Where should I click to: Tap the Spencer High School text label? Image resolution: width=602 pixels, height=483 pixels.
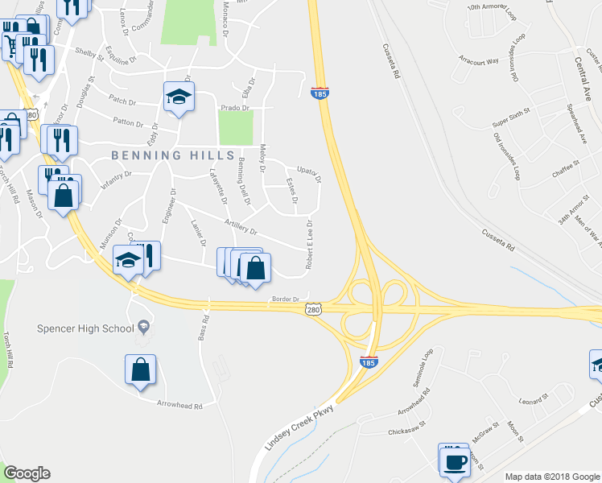(86, 328)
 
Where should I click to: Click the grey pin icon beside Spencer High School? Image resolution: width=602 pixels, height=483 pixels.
(144, 326)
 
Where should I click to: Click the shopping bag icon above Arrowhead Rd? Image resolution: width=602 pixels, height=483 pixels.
(141, 369)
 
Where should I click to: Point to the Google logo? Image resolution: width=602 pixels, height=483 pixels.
(27, 473)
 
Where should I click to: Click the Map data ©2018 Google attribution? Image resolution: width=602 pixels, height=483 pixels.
(551, 477)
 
